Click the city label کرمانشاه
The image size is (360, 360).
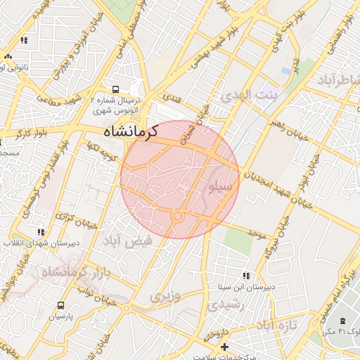130,130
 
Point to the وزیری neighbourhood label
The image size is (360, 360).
165,296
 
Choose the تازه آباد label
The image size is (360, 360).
277,325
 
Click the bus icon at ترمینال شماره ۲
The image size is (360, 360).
115,89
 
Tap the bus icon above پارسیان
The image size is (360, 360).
60,306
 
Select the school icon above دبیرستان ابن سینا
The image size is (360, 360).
245,276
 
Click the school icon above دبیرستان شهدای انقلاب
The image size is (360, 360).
41,231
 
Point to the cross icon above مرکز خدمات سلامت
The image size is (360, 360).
224,347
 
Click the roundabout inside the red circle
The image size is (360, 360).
178,217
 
